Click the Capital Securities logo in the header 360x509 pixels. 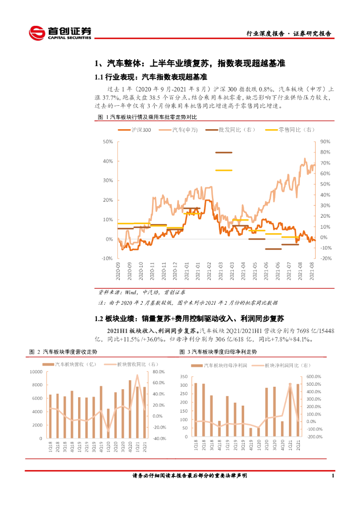click(x=60, y=33)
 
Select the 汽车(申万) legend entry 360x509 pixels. click(x=184, y=130)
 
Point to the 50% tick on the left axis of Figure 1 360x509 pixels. click(x=107, y=142)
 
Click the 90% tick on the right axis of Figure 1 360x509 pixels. click(x=326, y=142)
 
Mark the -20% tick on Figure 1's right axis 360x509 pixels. click(x=326, y=258)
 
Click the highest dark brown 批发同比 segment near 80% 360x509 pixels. click(x=224, y=152)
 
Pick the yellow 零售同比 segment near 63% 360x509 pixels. click(x=224, y=170)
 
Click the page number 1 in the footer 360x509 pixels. click(x=332, y=476)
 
